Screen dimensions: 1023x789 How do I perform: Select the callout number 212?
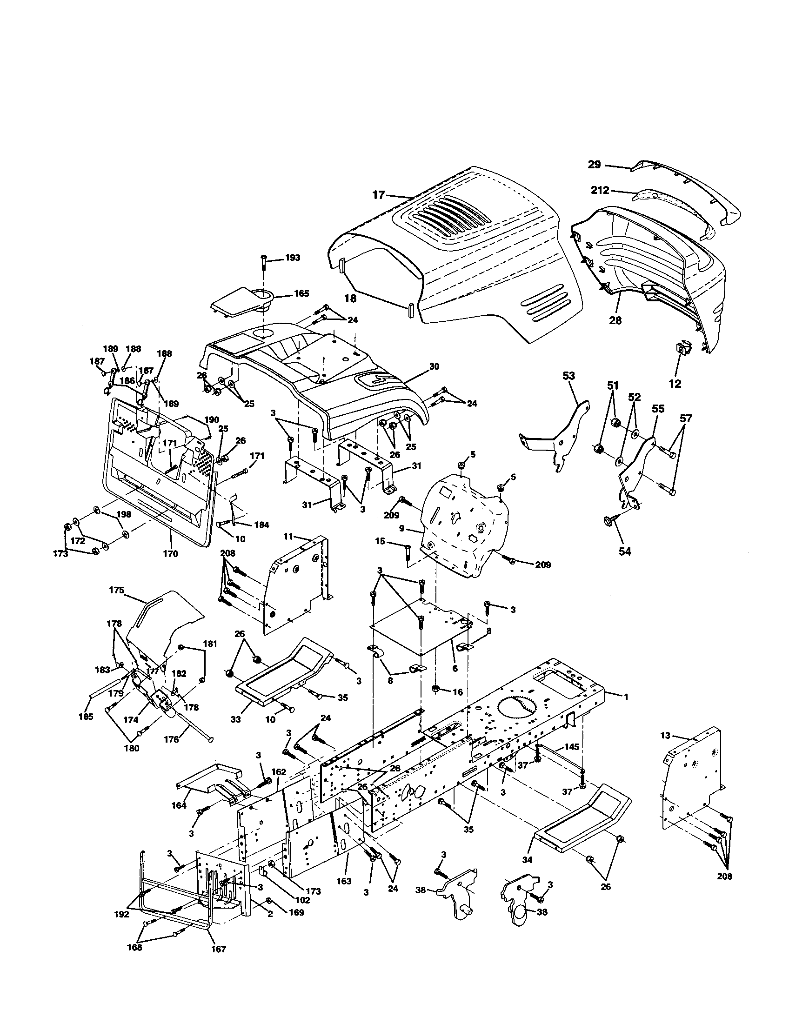pos(600,190)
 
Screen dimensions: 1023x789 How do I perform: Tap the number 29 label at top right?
pos(595,165)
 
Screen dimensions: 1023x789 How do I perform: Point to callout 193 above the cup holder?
pos(293,258)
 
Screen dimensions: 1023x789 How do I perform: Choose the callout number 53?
pos(568,376)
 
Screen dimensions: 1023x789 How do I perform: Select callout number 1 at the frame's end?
pos(625,697)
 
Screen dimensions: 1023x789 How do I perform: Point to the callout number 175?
pos(117,590)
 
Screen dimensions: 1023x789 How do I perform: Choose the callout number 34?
pos(528,860)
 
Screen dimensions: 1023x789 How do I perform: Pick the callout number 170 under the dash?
pos(171,554)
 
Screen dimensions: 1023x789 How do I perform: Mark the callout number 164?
pos(179,806)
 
